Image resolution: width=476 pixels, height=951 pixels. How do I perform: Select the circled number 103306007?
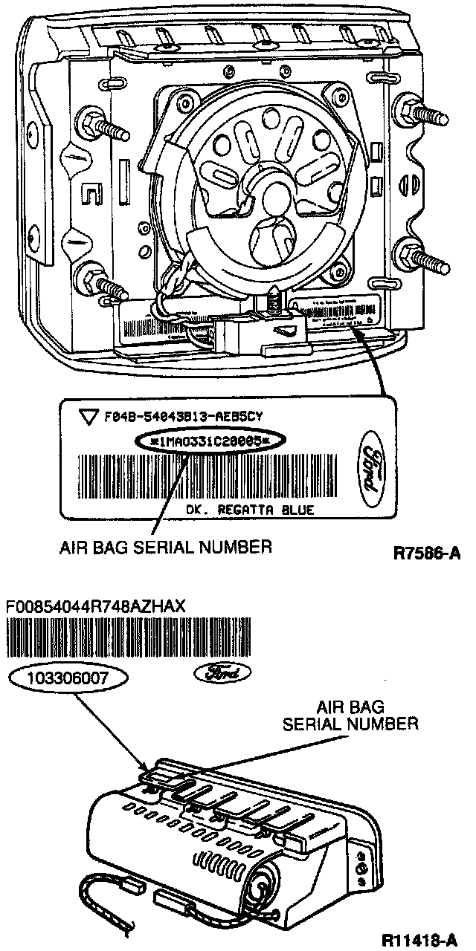(69, 678)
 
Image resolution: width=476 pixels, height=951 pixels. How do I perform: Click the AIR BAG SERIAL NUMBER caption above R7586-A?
(165, 548)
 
